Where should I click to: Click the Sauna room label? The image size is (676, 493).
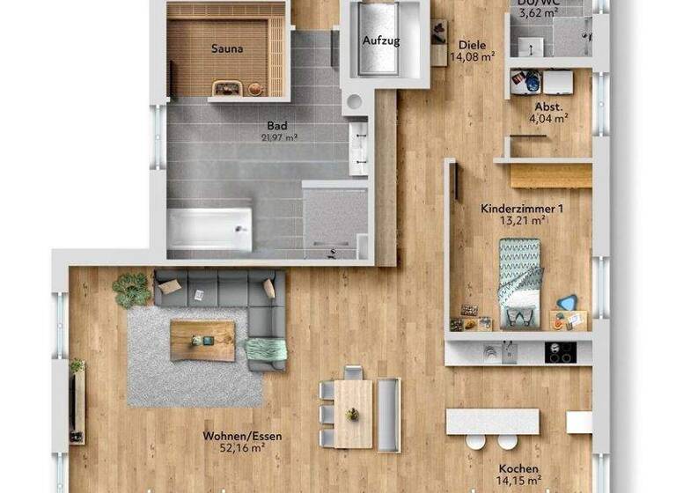coord(227,49)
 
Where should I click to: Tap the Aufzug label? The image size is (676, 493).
coord(381,41)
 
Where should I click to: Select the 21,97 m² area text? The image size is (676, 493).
coord(279,137)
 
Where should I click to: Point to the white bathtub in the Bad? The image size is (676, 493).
coord(209,228)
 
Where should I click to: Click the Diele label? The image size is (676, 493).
coord(472,45)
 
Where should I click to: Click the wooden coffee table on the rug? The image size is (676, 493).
coord(202,340)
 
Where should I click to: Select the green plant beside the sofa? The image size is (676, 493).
coord(132,290)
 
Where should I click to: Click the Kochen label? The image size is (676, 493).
coord(518,469)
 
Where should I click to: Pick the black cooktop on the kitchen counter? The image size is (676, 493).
coord(560,352)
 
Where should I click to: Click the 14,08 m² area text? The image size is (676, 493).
coord(472,57)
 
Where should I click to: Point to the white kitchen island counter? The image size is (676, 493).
coord(492,421)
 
